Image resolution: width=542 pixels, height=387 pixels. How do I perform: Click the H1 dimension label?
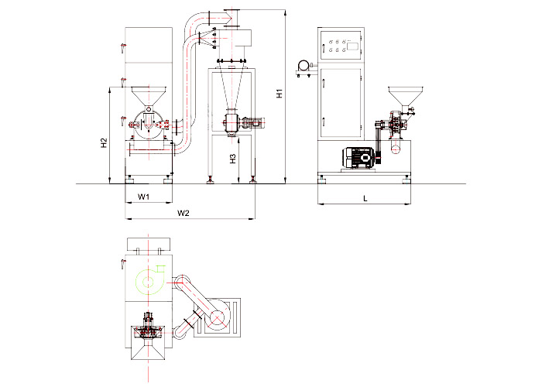click(x=280, y=94)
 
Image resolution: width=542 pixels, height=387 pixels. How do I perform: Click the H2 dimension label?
click(x=104, y=143)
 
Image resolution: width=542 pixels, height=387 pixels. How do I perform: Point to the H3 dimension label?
click(x=233, y=159)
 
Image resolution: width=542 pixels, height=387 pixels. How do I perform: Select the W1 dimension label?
click(x=143, y=197)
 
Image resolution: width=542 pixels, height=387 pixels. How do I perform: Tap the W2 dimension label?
click(x=184, y=213)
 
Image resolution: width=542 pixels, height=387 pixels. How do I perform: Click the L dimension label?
click(x=365, y=198)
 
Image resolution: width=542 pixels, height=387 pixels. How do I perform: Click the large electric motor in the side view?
click(x=358, y=158)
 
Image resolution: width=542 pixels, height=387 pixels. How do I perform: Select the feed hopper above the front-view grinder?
click(x=149, y=96)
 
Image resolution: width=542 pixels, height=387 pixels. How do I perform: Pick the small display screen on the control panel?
click(x=352, y=46)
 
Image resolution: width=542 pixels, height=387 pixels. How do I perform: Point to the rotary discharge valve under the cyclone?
click(x=232, y=122)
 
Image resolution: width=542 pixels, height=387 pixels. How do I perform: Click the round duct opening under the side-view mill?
click(x=396, y=149)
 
